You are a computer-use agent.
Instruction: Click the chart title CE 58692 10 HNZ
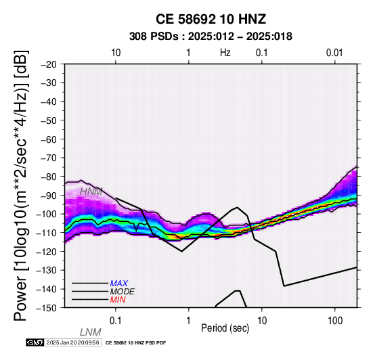(211, 19)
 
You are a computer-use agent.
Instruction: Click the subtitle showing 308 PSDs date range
(211, 37)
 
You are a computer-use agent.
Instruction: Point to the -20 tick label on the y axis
(49, 64)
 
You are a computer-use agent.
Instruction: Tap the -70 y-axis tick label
(49, 158)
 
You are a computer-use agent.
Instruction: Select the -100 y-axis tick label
(46, 215)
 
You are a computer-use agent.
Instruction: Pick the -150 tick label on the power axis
(46, 308)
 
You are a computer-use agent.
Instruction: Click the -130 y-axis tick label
(46, 271)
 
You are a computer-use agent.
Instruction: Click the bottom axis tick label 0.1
(116, 321)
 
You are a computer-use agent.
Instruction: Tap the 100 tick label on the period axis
(335, 321)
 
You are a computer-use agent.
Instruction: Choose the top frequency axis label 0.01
(334, 53)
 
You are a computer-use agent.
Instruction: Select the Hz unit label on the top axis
(225, 53)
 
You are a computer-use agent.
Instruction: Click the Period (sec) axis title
(225, 328)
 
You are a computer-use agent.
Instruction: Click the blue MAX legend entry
(118, 284)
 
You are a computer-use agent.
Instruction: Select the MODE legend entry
(122, 292)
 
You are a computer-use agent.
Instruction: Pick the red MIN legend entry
(118, 300)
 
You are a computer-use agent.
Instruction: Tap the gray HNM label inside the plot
(91, 192)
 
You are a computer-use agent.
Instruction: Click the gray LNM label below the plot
(91, 332)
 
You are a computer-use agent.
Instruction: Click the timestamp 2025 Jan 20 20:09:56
(72, 342)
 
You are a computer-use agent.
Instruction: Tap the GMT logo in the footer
(35, 342)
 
